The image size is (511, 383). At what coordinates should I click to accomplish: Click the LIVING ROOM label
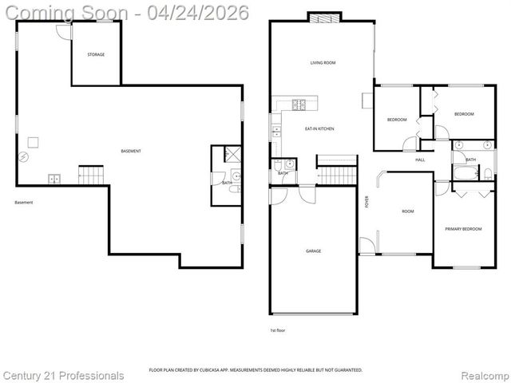point(323,62)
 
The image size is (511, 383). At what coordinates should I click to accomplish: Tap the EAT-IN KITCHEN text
point(319,128)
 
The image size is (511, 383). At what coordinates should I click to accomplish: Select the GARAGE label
point(313,251)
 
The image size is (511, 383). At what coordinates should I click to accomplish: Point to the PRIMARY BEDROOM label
point(463,229)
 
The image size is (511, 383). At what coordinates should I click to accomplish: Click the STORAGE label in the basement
point(96,54)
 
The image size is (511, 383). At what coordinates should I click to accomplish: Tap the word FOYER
point(366,201)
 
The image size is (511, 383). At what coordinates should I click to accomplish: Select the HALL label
point(420,160)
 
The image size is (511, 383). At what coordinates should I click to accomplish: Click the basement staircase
point(91,173)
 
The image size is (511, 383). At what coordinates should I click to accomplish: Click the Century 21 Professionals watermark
point(64,375)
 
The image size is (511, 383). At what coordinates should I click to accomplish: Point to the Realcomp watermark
point(484,375)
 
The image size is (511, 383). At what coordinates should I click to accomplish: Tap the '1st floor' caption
point(277,330)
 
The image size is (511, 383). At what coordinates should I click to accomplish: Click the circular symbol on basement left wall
point(24,157)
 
